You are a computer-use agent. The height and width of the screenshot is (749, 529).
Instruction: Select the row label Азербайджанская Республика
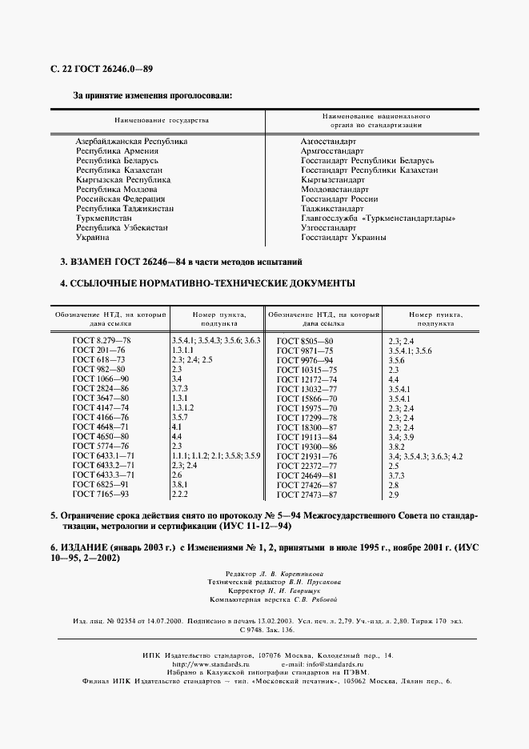tap(131, 141)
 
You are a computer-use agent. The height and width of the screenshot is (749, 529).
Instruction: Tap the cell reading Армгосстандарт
tap(332, 150)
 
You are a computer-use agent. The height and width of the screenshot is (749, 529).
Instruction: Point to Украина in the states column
tap(94, 237)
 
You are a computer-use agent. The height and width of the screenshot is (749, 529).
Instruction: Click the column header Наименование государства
tap(162, 120)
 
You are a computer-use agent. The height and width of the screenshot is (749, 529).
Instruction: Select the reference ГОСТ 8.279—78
tap(101, 341)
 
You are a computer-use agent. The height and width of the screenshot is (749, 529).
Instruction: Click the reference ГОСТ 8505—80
tap(305, 342)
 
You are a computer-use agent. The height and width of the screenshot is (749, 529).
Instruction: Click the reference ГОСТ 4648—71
tap(98, 427)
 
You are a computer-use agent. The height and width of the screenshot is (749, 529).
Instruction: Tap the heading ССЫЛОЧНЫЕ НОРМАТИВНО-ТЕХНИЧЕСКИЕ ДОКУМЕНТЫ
tap(210, 283)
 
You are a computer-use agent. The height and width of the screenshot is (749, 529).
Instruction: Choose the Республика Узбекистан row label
tap(122, 227)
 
